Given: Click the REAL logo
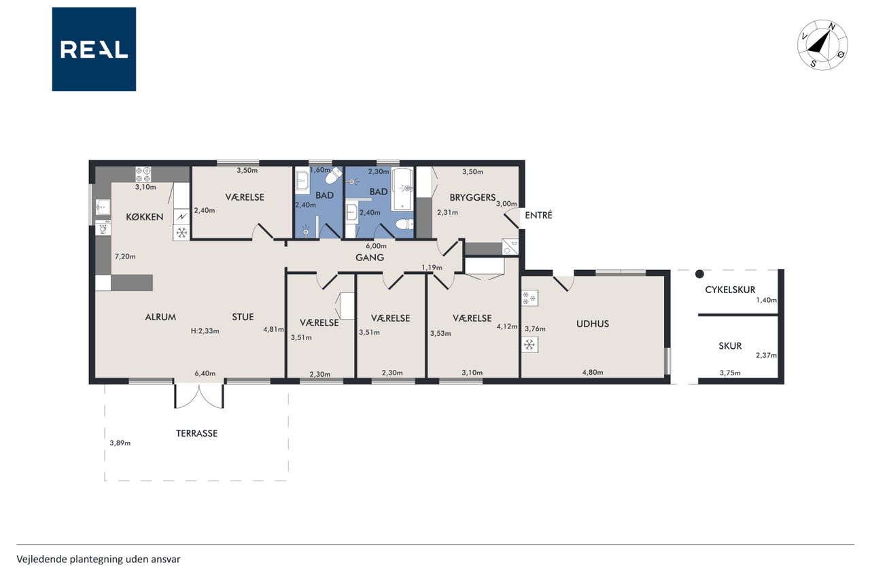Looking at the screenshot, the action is (94, 50).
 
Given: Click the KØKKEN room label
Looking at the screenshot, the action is (145, 217).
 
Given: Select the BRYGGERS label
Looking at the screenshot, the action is (472, 197).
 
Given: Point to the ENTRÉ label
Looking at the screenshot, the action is (538, 215).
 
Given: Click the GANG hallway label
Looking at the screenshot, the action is (370, 257).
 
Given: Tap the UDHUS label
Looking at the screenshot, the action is (592, 324).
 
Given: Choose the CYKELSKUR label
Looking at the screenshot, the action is (730, 290).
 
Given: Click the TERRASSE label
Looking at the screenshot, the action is (196, 433).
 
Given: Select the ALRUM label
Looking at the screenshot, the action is (160, 317).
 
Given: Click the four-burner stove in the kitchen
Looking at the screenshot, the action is (143, 174).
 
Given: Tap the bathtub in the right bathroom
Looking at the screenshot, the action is (402, 190).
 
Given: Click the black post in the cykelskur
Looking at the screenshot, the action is (699, 274).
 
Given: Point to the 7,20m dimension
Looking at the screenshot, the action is (125, 256).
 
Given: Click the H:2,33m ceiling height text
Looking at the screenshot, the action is (205, 331).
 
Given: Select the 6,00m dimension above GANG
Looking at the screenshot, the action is (376, 246).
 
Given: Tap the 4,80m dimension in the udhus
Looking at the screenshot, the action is (593, 372).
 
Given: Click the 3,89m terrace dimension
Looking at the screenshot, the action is (120, 443).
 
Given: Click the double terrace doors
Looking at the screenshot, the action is (199, 396).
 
